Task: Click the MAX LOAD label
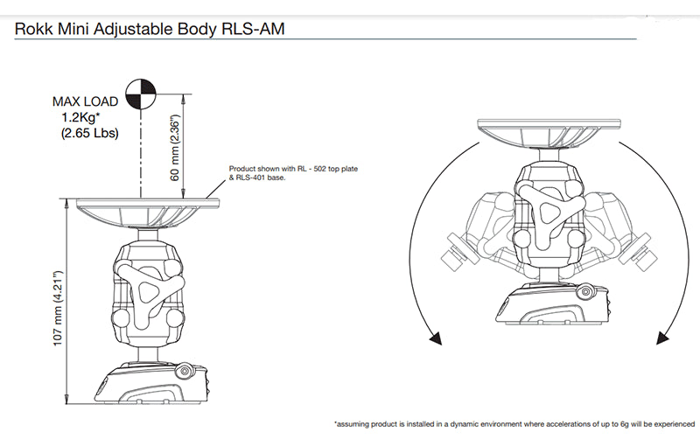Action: [x=85, y=101]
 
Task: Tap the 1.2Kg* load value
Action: [x=83, y=117]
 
